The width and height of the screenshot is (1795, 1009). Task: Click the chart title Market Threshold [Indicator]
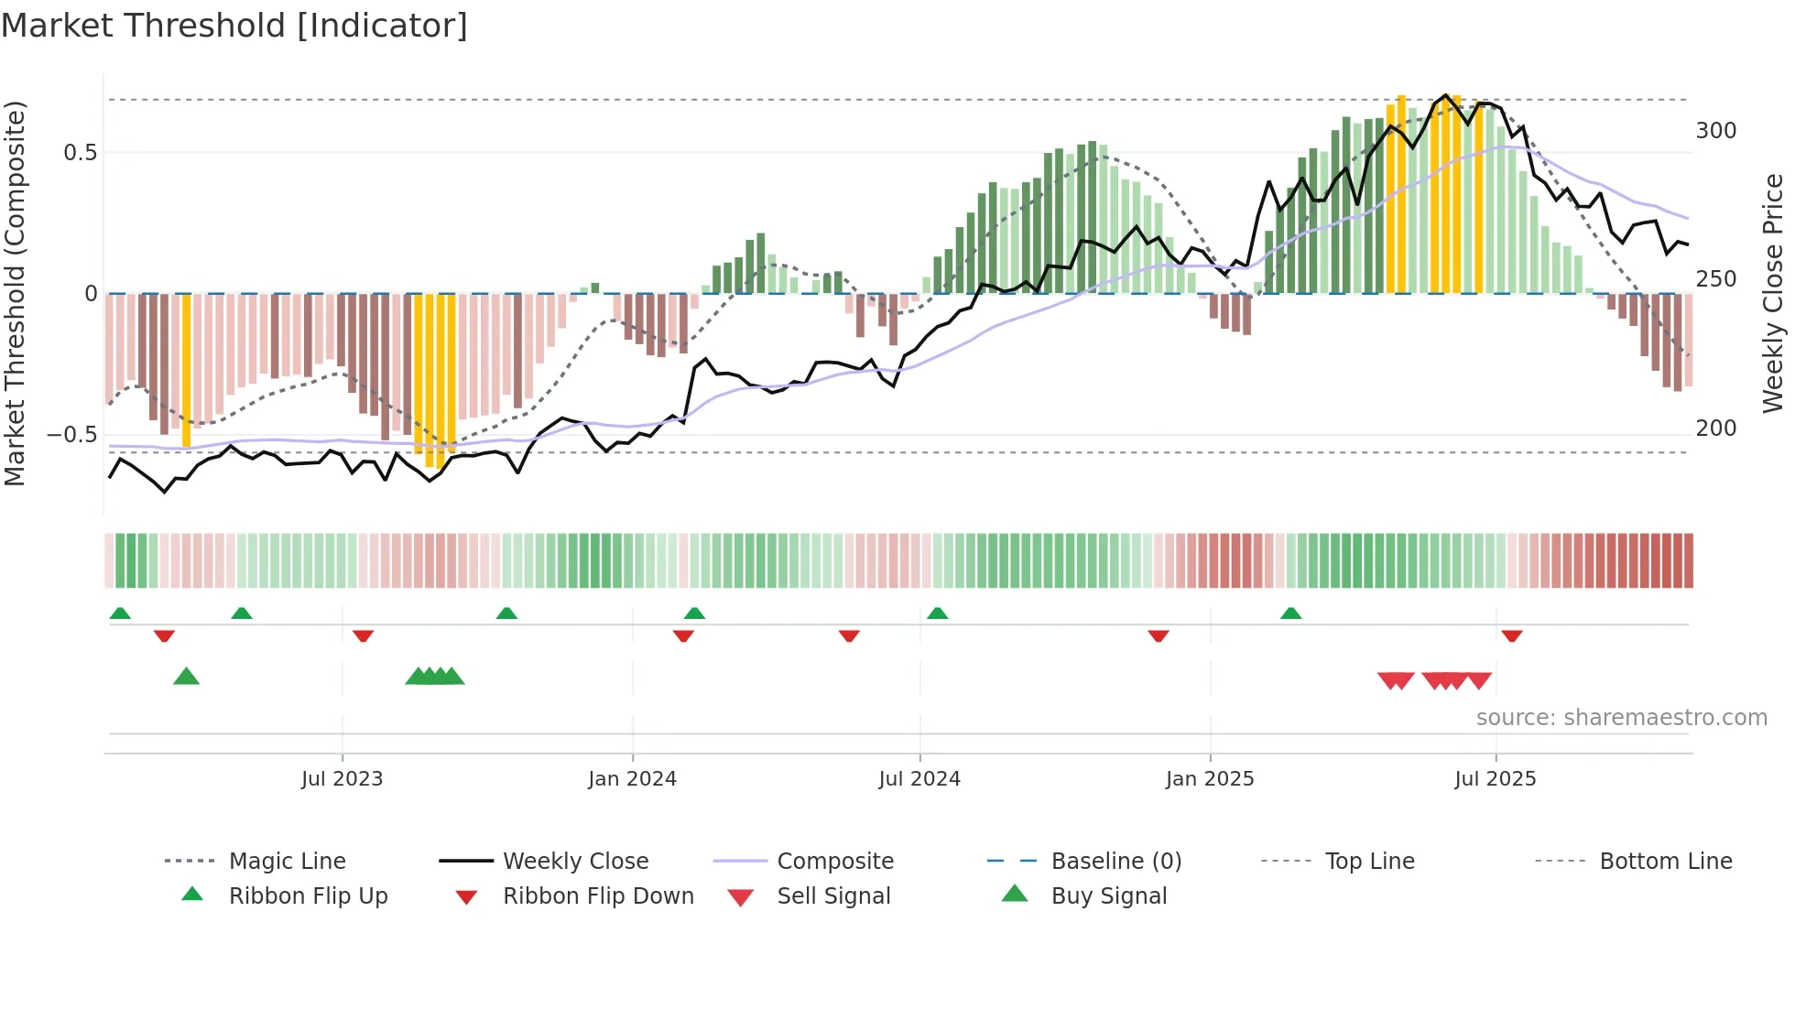234,26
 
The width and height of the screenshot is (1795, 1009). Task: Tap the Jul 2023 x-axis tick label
342,779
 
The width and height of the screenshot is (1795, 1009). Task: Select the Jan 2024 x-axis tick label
632,779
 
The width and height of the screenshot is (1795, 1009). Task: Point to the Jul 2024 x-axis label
919,779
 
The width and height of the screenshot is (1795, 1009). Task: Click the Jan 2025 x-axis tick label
1210,779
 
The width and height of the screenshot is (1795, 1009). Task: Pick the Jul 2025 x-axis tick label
1496,779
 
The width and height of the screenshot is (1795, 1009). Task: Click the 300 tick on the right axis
1715,131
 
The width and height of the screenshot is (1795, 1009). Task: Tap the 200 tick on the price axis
1715,429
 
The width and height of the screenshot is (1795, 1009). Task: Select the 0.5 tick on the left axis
80,153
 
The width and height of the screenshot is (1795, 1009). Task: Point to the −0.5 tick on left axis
72,435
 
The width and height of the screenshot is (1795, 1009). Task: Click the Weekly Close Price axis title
1773,293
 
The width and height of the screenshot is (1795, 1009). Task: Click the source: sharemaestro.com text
1621,718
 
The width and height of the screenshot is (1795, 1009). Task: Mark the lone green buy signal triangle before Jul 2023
186,677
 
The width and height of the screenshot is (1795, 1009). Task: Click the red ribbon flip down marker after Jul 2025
1512,635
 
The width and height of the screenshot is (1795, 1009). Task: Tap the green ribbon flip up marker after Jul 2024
937,613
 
